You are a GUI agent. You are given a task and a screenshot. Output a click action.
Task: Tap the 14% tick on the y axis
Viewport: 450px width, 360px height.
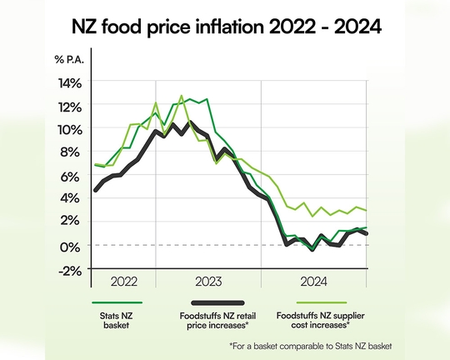pyautogui.click(x=69, y=82)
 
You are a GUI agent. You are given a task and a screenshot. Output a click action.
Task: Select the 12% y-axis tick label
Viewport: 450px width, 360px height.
pyautogui.click(x=69, y=106)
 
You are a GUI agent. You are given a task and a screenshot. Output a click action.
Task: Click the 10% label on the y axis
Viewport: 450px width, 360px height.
pyautogui.click(x=69, y=129)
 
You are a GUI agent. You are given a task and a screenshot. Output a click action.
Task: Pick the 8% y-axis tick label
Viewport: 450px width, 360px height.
pyautogui.click(x=72, y=152)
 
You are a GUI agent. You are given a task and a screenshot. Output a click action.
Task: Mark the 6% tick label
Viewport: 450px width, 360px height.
pyautogui.click(x=72, y=176)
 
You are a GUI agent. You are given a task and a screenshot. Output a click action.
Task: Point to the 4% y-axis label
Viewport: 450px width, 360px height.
pyautogui.click(x=72, y=199)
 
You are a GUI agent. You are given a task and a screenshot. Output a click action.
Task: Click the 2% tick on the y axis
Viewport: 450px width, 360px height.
pyautogui.click(x=72, y=222)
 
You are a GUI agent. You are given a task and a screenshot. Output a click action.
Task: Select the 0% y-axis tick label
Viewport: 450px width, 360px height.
pyautogui.click(x=72, y=246)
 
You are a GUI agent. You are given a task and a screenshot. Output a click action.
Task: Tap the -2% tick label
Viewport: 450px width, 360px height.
pyautogui.click(x=70, y=269)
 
